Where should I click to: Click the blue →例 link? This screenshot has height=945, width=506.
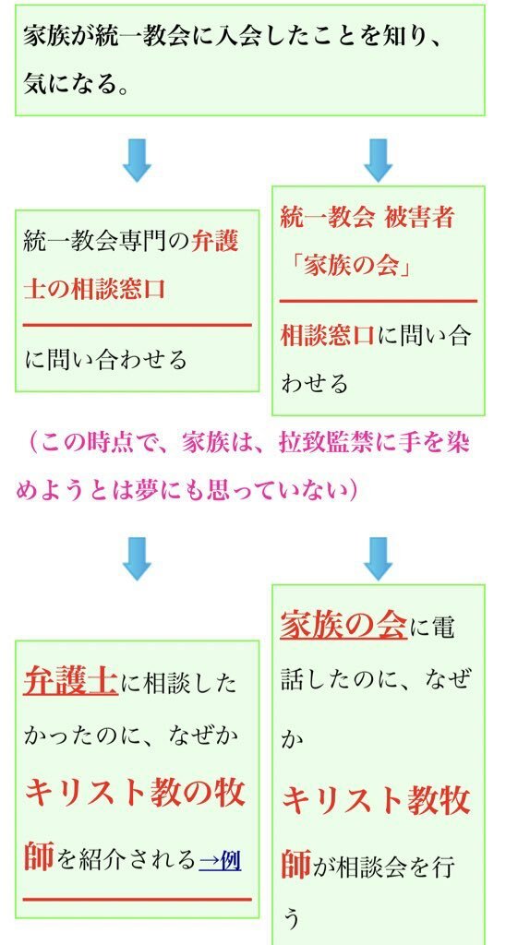[x=220, y=860]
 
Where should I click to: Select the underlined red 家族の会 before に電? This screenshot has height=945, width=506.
[x=343, y=625]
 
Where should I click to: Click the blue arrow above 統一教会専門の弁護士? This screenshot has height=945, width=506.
[x=137, y=160]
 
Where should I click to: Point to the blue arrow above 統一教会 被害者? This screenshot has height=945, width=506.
[x=379, y=160]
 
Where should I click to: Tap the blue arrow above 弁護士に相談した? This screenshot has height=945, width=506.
[x=137, y=558]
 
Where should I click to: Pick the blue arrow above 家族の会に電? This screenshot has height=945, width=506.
[x=379, y=558]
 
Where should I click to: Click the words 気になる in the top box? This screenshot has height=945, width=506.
[x=67, y=82]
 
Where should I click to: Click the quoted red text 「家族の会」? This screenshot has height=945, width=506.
[x=349, y=265]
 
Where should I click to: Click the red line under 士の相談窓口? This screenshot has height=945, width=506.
[x=138, y=325]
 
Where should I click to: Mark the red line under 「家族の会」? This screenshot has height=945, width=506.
[x=379, y=300]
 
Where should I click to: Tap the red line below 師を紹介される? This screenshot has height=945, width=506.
[x=138, y=899]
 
